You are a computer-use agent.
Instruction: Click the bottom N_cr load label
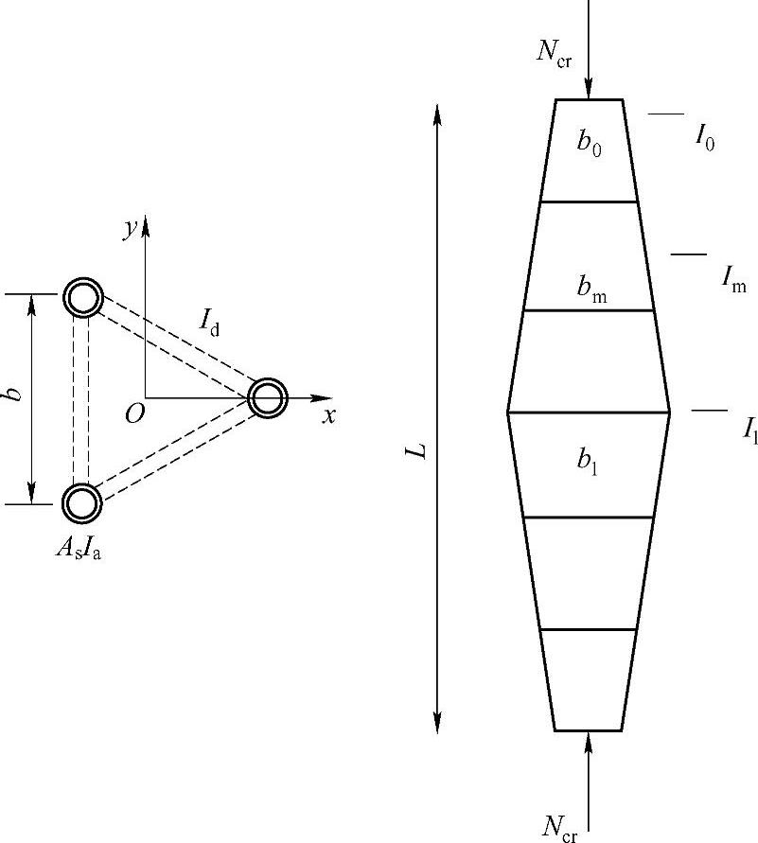coord(558,826)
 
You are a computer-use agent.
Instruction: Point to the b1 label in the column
coord(588,461)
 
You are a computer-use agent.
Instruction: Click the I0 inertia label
coord(705,138)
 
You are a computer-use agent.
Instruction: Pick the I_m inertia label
coord(733,278)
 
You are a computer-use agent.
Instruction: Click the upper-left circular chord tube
coord(82,298)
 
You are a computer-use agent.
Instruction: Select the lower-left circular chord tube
coord(81,502)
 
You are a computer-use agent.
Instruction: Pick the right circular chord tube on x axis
coord(267,397)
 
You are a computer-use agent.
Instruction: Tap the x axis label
coord(328,415)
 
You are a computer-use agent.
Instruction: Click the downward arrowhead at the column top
coord(589,90)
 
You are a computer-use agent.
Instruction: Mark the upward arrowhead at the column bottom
coord(589,741)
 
